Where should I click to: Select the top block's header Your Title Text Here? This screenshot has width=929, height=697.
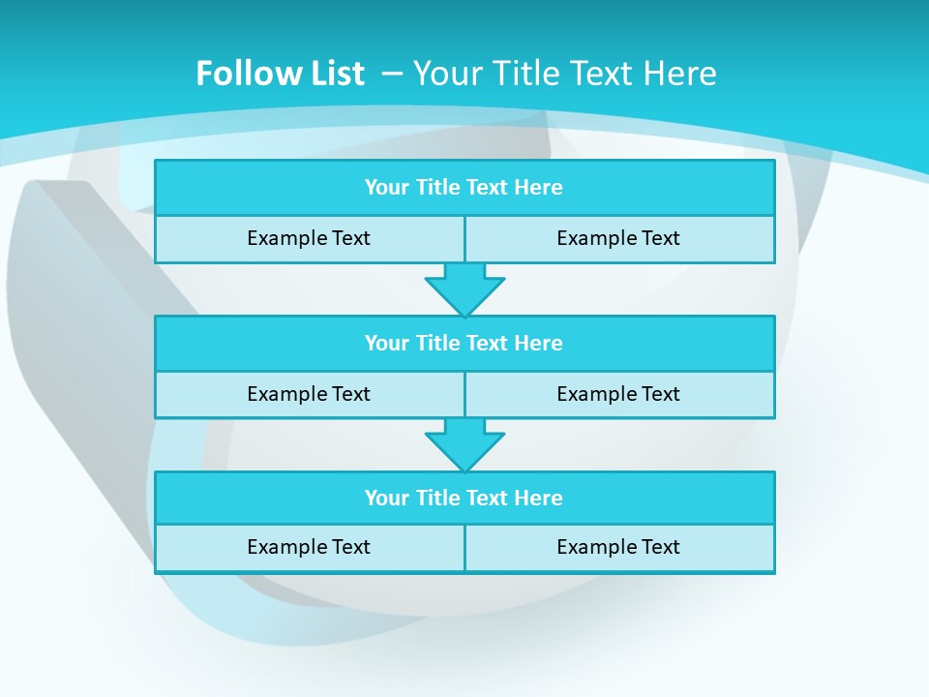pyautogui.click(x=464, y=188)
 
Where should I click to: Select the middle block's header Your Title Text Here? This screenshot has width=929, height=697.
pyautogui.click(x=464, y=343)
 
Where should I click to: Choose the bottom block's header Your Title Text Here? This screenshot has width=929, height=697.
pyautogui.click(x=464, y=498)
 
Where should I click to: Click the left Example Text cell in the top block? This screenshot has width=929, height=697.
pyautogui.click(x=309, y=238)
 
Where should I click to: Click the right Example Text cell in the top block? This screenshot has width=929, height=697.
pyautogui.click(x=618, y=238)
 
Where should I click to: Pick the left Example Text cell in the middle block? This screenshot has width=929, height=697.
pyautogui.click(x=309, y=394)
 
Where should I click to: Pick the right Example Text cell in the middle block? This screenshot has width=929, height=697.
pyautogui.click(x=618, y=394)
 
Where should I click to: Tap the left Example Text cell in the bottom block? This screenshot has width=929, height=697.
pyautogui.click(x=309, y=547)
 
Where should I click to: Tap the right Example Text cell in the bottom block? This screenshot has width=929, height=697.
pyautogui.click(x=618, y=547)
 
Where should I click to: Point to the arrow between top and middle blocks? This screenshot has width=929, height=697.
pyautogui.click(x=464, y=288)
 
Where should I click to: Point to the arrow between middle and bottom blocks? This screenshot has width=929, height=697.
pyautogui.click(x=464, y=443)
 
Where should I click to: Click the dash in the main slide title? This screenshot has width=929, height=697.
pyautogui.click(x=393, y=74)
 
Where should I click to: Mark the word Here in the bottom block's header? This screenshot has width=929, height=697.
pyautogui.click(x=539, y=498)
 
